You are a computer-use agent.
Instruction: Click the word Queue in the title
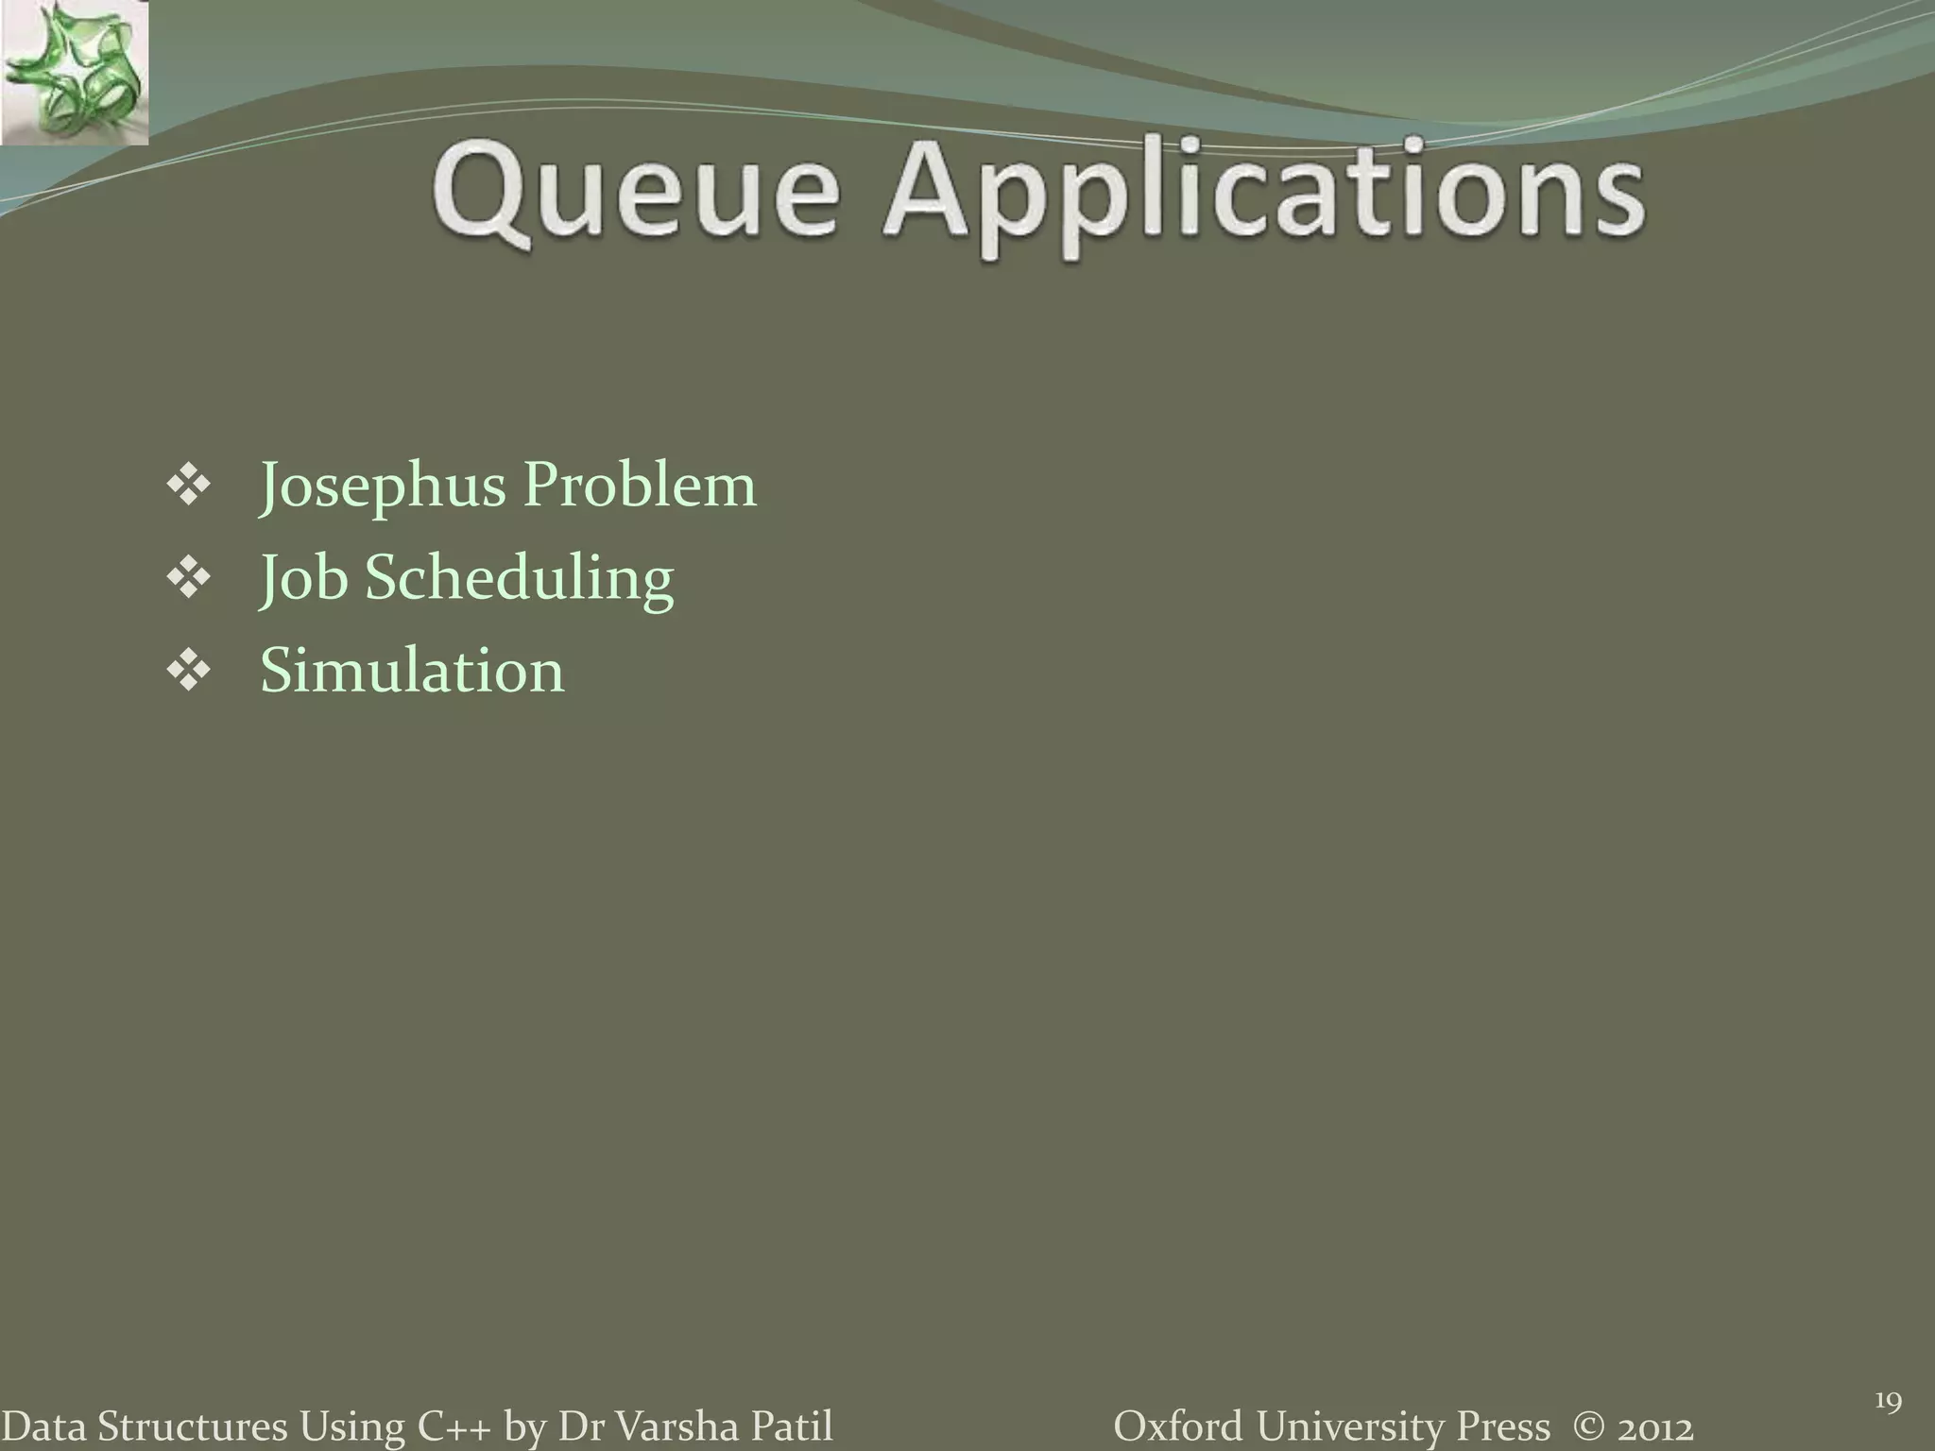coord(635,194)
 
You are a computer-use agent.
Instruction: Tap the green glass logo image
coord(74,74)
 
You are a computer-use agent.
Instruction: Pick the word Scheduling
coord(519,578)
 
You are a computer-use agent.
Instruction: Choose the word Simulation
coord(412,671)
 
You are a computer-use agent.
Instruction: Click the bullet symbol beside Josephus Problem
coord(188,487)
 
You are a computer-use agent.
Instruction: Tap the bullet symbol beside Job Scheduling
coord(188,579)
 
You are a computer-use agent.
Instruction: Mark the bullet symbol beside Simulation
coord(188,672)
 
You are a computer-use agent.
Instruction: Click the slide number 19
coord(1887,1402)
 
